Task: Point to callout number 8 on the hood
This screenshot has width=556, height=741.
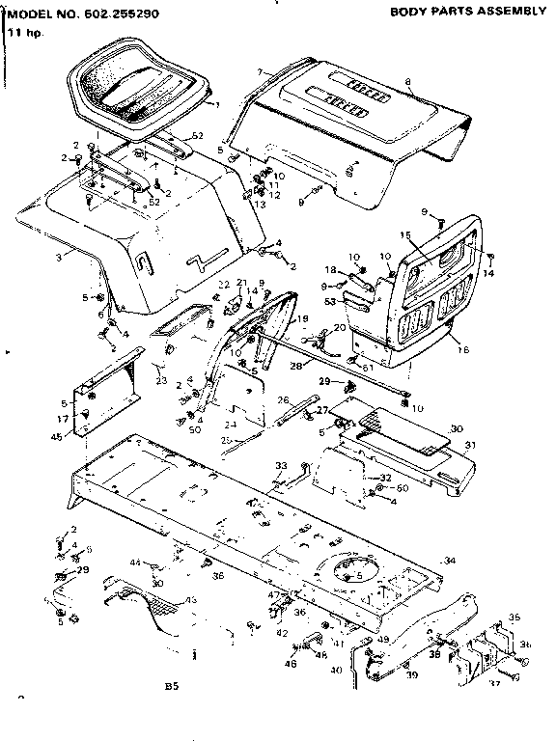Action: tap(408, 81)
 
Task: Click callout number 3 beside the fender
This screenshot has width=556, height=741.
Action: tap(60, 256)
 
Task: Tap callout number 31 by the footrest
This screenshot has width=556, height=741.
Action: tap(471, 446)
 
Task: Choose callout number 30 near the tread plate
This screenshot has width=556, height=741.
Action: tap(457, 427)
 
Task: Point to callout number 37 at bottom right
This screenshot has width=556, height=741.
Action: tap(494, 683)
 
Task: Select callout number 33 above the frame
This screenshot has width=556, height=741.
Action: tap(281, 466)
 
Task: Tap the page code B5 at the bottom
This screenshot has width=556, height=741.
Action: tap(172, 687)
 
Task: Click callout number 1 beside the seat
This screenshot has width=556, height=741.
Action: tap(217, 103)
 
